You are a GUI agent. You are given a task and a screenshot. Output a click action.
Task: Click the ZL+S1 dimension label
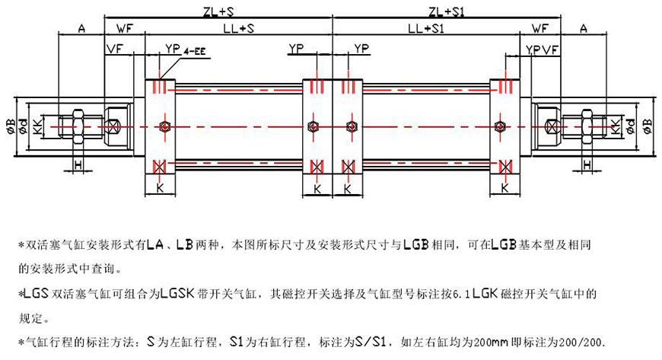(x=447, y=11)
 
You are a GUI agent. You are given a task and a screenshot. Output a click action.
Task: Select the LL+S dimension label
(x=238, y=29)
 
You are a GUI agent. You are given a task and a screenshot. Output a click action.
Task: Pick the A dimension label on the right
(x=584, y=29)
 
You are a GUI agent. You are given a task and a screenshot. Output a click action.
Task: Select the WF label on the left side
(x=124, y=29)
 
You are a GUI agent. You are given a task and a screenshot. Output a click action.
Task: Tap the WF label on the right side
(x=540, y=29)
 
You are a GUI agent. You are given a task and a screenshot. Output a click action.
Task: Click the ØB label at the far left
(x=11, y=126)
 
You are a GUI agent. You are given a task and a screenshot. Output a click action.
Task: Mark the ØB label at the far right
(x=648, y=126)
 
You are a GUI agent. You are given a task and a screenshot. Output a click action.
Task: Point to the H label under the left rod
(x=77, y=165)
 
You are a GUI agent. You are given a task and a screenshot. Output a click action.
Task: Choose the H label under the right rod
(x=587, y=165)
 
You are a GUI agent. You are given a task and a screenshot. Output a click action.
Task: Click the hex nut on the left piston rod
(x=78, y=125)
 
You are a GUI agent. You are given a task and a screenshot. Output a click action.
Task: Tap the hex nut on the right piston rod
(x=586, y=125)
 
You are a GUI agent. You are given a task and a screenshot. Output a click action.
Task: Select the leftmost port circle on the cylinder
(x=164, y=126)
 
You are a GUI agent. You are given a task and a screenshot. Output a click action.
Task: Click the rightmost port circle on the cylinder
(x=500, y=126)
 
